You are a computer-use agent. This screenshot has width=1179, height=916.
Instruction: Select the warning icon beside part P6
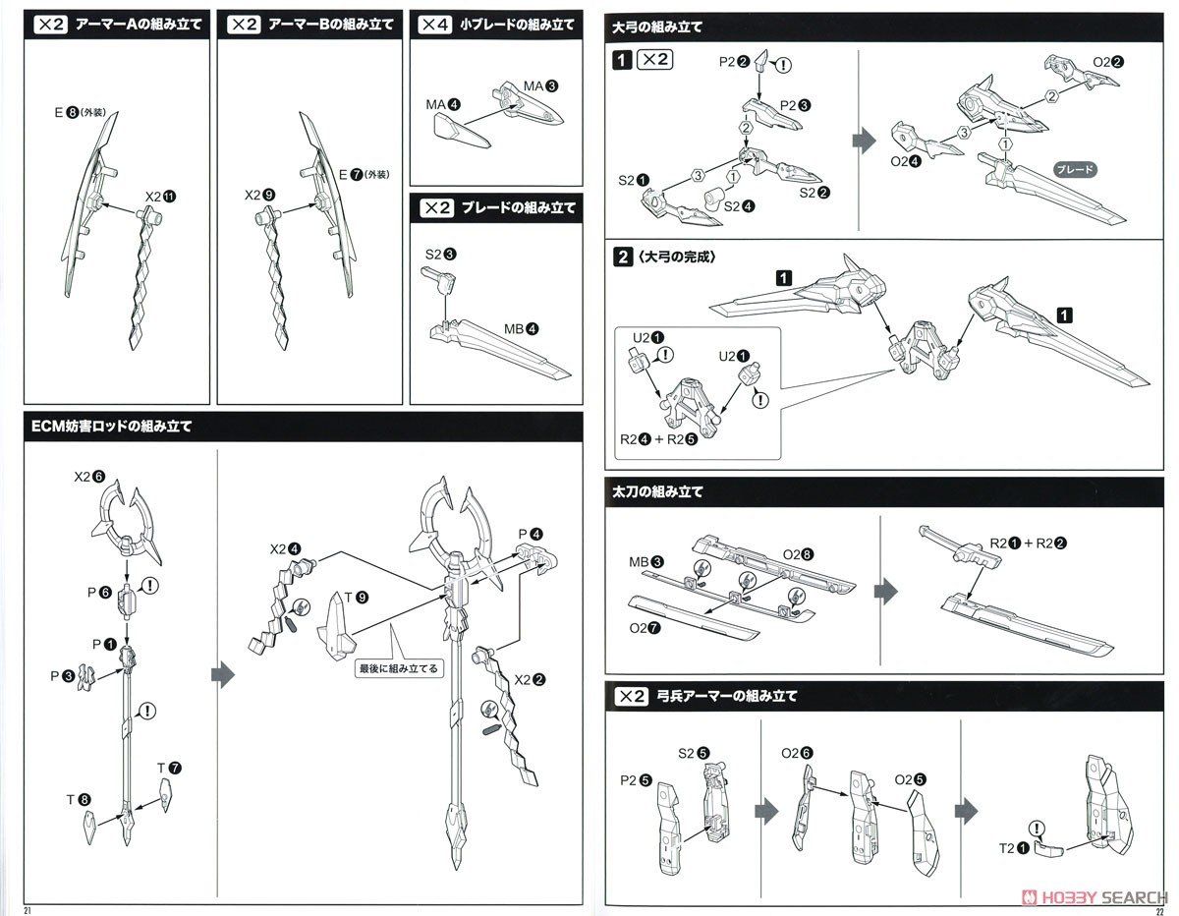click(151, 587)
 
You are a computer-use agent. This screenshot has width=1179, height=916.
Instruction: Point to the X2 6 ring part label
click(88, 476)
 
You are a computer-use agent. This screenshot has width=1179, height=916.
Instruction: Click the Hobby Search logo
click(1099, 898)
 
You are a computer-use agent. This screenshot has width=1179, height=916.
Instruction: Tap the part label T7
click(169, 767)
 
